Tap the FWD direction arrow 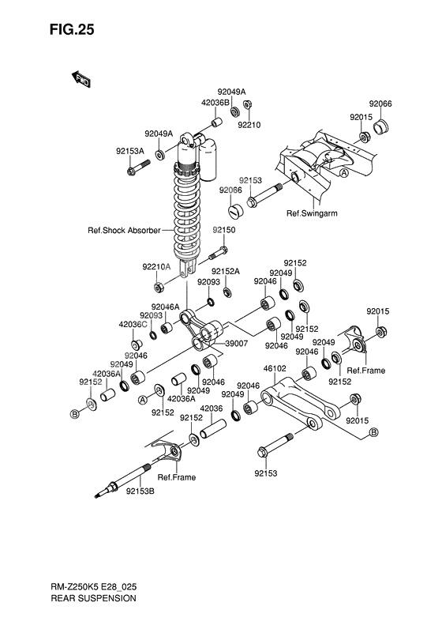(x=81, y=77)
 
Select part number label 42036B (x=193, y=102)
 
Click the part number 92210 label (x=249, y=124)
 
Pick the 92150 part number (x=223, y=229)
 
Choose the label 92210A (x=157, y=266)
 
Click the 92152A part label (x=225, y=271)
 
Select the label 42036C (x=133, y=324)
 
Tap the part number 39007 (x=236, y=344)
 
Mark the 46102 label (x=274, y=367)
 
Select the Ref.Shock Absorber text (x=124, y=231)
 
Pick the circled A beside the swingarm (x=344, y=172)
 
